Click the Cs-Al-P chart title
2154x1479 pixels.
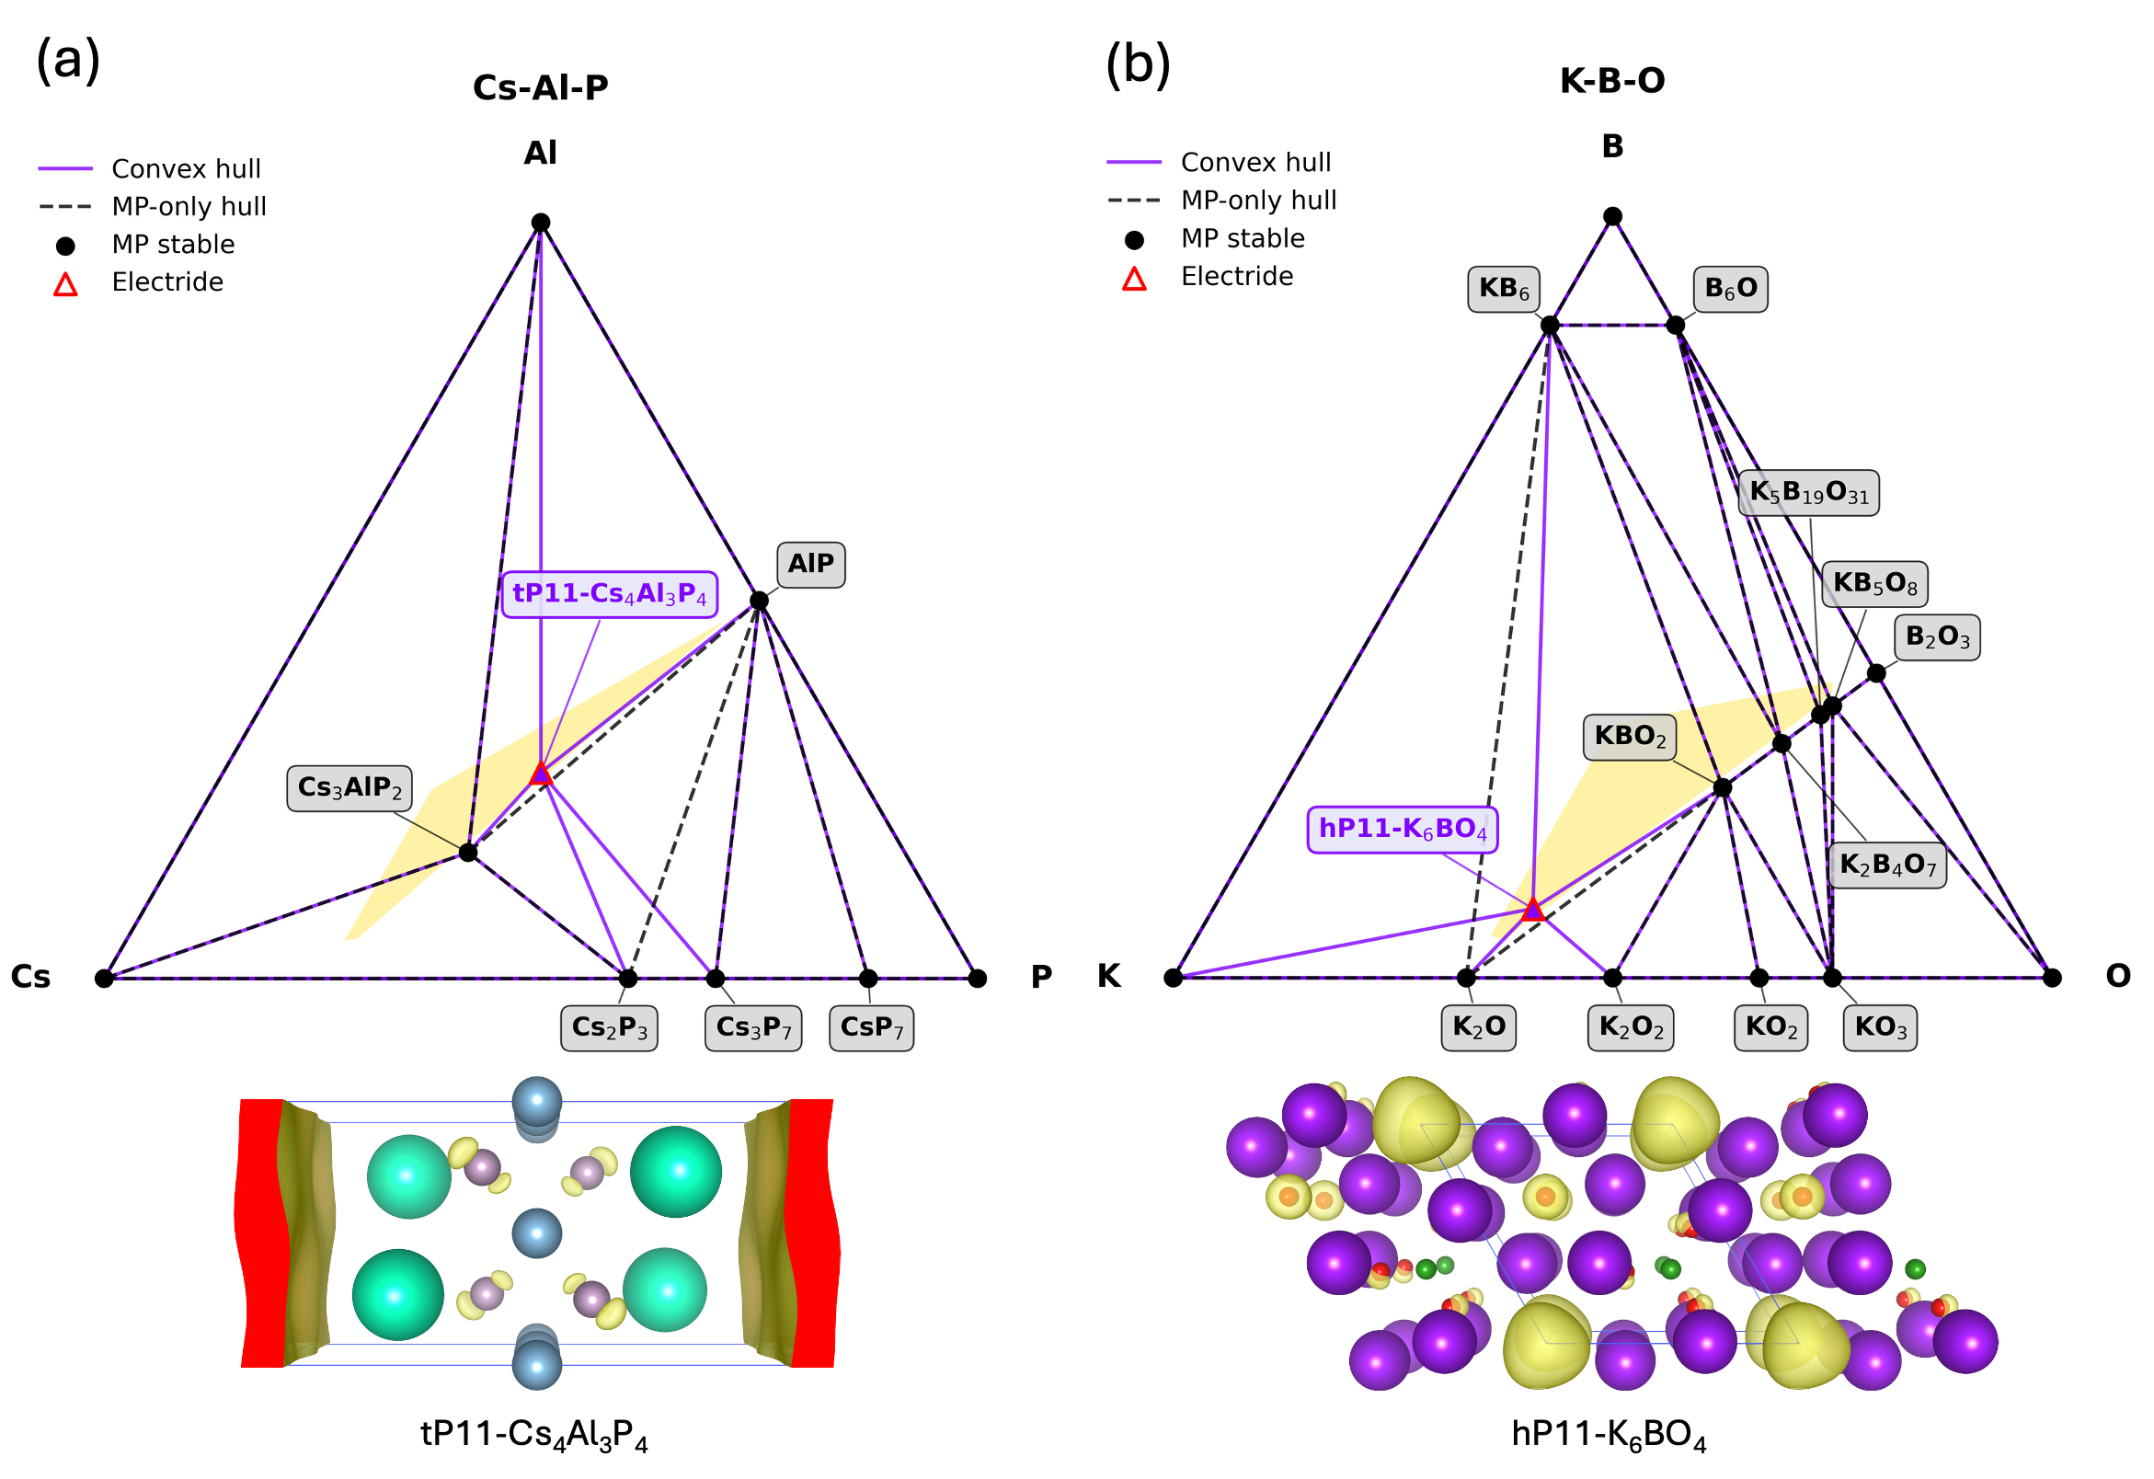(541, 87)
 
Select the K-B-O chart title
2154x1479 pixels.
(1611, 81)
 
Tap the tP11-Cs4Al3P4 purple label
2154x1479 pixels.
(609, 594)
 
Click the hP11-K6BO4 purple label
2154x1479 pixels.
(1402, 829)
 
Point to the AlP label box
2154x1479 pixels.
(810, 565)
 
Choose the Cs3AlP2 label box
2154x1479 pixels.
(349, 787)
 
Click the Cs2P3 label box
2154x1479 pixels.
(609, 1027)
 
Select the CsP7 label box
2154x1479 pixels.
(871, 1027)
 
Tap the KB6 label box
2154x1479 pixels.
(1504, 289)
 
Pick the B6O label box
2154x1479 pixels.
(1729, 289)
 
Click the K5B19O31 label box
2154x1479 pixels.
(1808, 493)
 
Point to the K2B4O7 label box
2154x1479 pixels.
(1887, 866)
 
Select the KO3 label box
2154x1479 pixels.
(1880, 1027)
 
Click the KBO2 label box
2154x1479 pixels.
(1630, 737)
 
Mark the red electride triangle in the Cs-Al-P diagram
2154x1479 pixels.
(542, 774)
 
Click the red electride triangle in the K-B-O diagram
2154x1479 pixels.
(1533, 910)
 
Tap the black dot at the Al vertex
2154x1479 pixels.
(541, 223)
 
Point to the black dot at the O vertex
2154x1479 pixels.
(2052, 978)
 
